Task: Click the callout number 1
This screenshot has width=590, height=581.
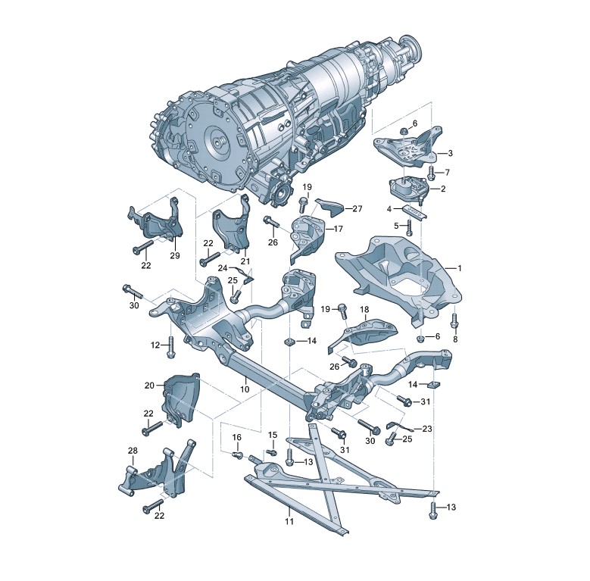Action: [460, 268]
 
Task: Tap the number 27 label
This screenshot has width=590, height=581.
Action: [357, 208]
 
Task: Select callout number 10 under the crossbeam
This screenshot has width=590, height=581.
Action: [245, 389]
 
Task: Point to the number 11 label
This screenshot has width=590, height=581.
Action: [289, 522]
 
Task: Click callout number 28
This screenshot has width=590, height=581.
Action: [133, 451]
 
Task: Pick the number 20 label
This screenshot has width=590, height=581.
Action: [149, 386]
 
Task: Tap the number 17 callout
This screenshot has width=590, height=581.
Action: [338, 229]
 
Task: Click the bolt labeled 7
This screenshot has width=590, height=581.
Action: [432, 173]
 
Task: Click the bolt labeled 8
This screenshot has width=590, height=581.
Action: [454, 320]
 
